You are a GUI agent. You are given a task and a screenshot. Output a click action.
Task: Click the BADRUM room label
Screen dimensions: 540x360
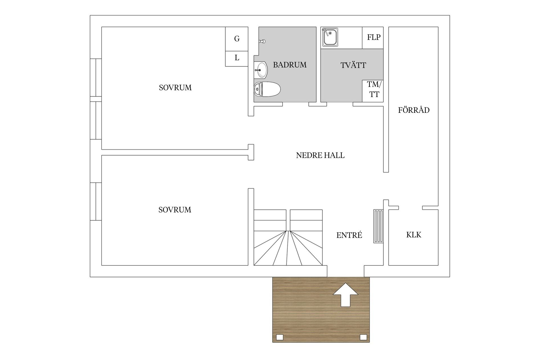click(290, 65)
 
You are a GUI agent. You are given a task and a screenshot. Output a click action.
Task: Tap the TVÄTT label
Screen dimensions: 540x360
click(353, 65)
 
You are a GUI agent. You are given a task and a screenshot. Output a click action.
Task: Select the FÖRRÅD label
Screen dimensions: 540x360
click(414, 110)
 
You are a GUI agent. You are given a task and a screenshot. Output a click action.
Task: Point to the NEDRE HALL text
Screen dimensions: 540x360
click(320, 155)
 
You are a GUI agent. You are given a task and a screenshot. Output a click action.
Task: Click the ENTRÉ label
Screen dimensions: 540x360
click(349, 235)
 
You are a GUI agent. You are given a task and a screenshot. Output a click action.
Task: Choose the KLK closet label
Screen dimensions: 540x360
click(414, 235)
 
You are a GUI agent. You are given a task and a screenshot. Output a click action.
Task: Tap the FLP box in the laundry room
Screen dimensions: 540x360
click(373, 38)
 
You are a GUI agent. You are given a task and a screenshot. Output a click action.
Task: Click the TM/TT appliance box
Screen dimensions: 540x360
click(373, 91)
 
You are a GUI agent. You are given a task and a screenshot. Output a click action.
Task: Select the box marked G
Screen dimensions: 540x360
click(237, 39)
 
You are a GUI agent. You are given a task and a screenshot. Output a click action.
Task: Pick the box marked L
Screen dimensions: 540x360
click(237, 59)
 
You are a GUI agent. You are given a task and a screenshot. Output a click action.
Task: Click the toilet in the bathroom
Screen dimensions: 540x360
click(267, 89)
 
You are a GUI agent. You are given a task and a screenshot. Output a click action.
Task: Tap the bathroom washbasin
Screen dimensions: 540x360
click(261, 70)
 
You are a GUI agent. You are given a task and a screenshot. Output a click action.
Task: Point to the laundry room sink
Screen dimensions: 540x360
click(330, 37)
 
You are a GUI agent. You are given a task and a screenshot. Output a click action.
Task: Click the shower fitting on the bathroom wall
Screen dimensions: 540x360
click(262, 41)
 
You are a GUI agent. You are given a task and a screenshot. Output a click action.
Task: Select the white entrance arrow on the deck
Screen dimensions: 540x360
click(346, 295)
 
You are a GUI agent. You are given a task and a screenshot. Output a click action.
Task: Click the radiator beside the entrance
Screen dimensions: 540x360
click(378, 226)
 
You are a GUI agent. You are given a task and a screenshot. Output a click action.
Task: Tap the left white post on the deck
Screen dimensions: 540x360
click(280, 337)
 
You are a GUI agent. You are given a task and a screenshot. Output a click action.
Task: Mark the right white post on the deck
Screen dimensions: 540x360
click(363, 337)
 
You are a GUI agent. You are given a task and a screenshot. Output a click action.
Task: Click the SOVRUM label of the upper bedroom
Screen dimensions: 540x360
click(175, 88)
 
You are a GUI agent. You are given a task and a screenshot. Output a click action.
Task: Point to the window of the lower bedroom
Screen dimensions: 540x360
click(96, 201)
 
